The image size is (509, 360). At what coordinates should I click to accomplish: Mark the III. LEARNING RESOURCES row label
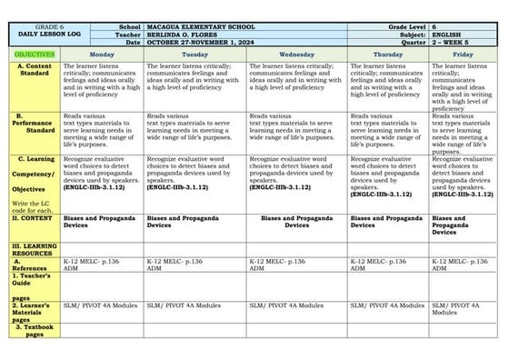[34, 250]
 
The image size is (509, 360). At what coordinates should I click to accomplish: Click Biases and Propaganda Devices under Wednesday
[296, 222]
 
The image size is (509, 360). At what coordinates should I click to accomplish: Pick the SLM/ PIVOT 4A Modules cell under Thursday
[386, 305]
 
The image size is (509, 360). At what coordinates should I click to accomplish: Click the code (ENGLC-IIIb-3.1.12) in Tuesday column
[177, 186]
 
